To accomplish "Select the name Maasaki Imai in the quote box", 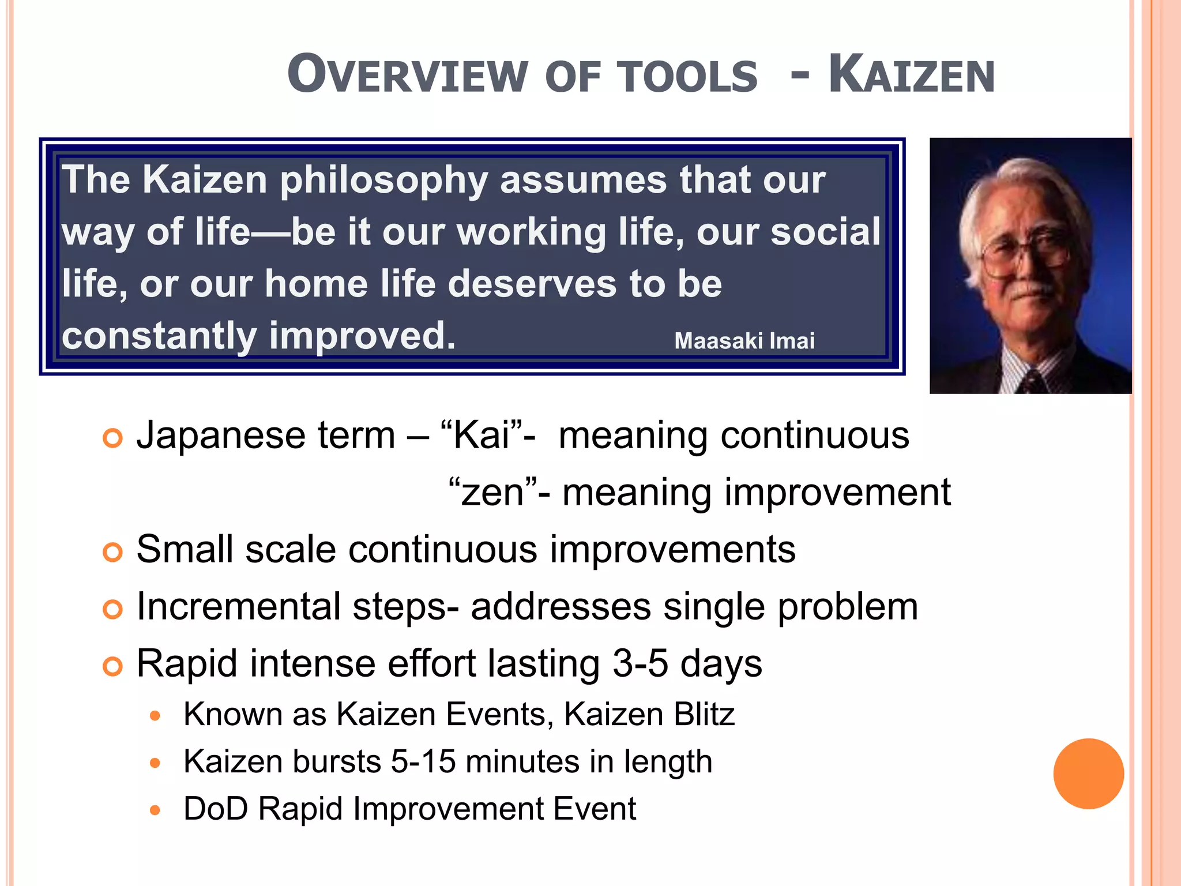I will tap(744, 341).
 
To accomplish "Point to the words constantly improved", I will tap(258, 336).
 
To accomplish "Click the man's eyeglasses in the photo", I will tap(1024, 254).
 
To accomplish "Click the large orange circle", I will tap(1088, 774).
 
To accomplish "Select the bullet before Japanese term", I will tap(112, 438).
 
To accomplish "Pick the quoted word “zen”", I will tap(493, 493).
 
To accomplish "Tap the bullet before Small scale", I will tap(112, 553).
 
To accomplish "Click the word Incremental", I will tap(239, 607).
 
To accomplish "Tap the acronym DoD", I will tap(216, 809).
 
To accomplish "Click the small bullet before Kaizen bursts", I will tap(155, 763).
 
